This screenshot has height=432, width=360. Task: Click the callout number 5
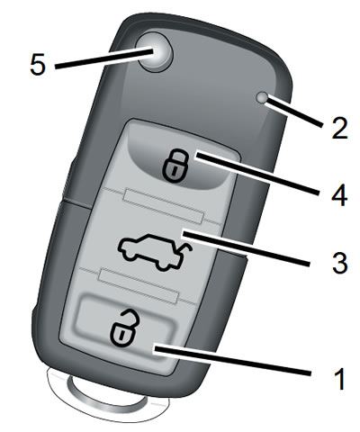click(38, 65)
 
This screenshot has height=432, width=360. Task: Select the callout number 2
click(339, 128)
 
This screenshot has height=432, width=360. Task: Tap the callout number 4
click(339, 195)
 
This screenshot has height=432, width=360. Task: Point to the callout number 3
click(339, 263)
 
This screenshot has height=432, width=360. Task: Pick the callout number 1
click(340, 379)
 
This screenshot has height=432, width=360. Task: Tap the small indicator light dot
click(263, 98)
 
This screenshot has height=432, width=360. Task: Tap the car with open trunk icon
click(156, 251)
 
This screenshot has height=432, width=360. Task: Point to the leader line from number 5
click(104, 58)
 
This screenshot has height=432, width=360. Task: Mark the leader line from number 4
click(256, 174)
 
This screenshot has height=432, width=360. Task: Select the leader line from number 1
click(232, 361)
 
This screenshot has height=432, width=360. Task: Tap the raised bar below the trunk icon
click(139, 284)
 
